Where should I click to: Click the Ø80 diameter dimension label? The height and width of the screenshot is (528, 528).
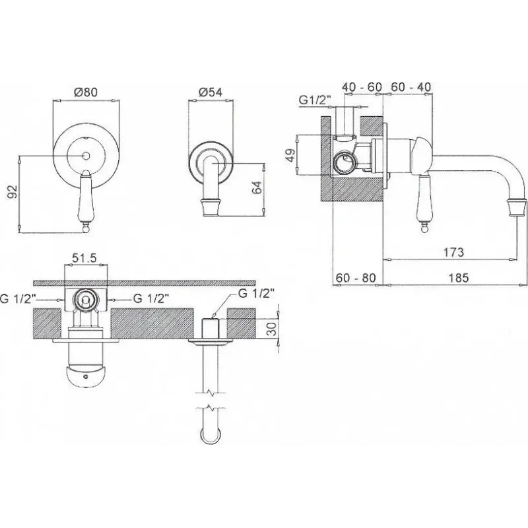tap(86, 92)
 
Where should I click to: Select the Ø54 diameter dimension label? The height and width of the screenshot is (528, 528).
tap(211, 92)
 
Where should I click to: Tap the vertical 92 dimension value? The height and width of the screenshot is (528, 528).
tap(13, 192)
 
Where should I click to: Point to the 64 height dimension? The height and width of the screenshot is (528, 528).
tap(257, 187)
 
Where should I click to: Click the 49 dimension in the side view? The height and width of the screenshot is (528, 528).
tap(290, 154)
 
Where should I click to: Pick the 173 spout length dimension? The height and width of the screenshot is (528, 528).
tap(453, 252)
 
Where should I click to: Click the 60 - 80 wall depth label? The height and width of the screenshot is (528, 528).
tap(356, 278)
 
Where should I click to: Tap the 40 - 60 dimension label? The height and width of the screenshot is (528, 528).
tap(362, 87)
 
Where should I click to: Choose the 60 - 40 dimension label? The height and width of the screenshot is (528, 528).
tap(411, 87)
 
